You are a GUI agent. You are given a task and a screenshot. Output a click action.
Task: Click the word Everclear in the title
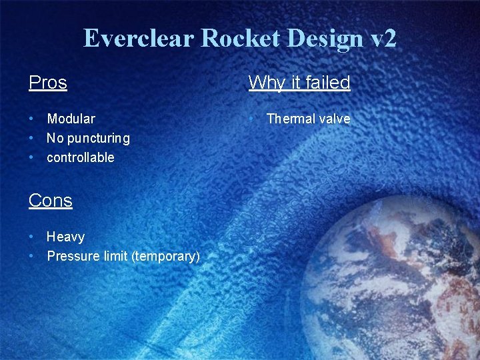[x=138, y=39]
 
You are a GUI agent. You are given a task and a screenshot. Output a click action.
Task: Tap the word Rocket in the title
[x=233, y=39]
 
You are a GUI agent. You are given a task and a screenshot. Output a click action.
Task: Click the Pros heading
[x=48, y=83]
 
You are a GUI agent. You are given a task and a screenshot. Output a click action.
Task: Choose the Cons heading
[x=51, y=201]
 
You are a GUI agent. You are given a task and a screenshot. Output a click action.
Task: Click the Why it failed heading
[x=299, y=83]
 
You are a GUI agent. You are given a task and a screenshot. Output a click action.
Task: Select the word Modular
[x=71, y=119]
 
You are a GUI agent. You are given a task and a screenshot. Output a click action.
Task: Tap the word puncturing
[x=97, y=138]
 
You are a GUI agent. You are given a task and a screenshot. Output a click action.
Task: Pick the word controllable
[x=81, y=157]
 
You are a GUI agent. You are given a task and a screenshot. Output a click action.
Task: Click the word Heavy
[x=65, y=237]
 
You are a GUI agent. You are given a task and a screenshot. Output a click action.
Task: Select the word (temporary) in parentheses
[x=166, y=256]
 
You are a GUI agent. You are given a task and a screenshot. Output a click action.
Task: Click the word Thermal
[x=291, y=119]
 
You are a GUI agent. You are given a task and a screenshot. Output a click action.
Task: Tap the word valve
[x=335, y=119]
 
